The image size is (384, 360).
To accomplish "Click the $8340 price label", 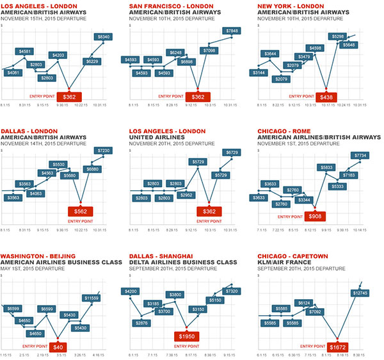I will pyautogui.click(x=103, y=38).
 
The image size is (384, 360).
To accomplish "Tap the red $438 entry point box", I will pyautogui.click(x=326, y=97).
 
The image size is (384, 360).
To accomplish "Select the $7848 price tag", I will pyautogui.click(x=232, y=31).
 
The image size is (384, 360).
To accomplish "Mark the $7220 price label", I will pyautogui.click(x=103, y=150).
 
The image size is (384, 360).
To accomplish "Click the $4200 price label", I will pyautogui.click(x=132, y=291).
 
